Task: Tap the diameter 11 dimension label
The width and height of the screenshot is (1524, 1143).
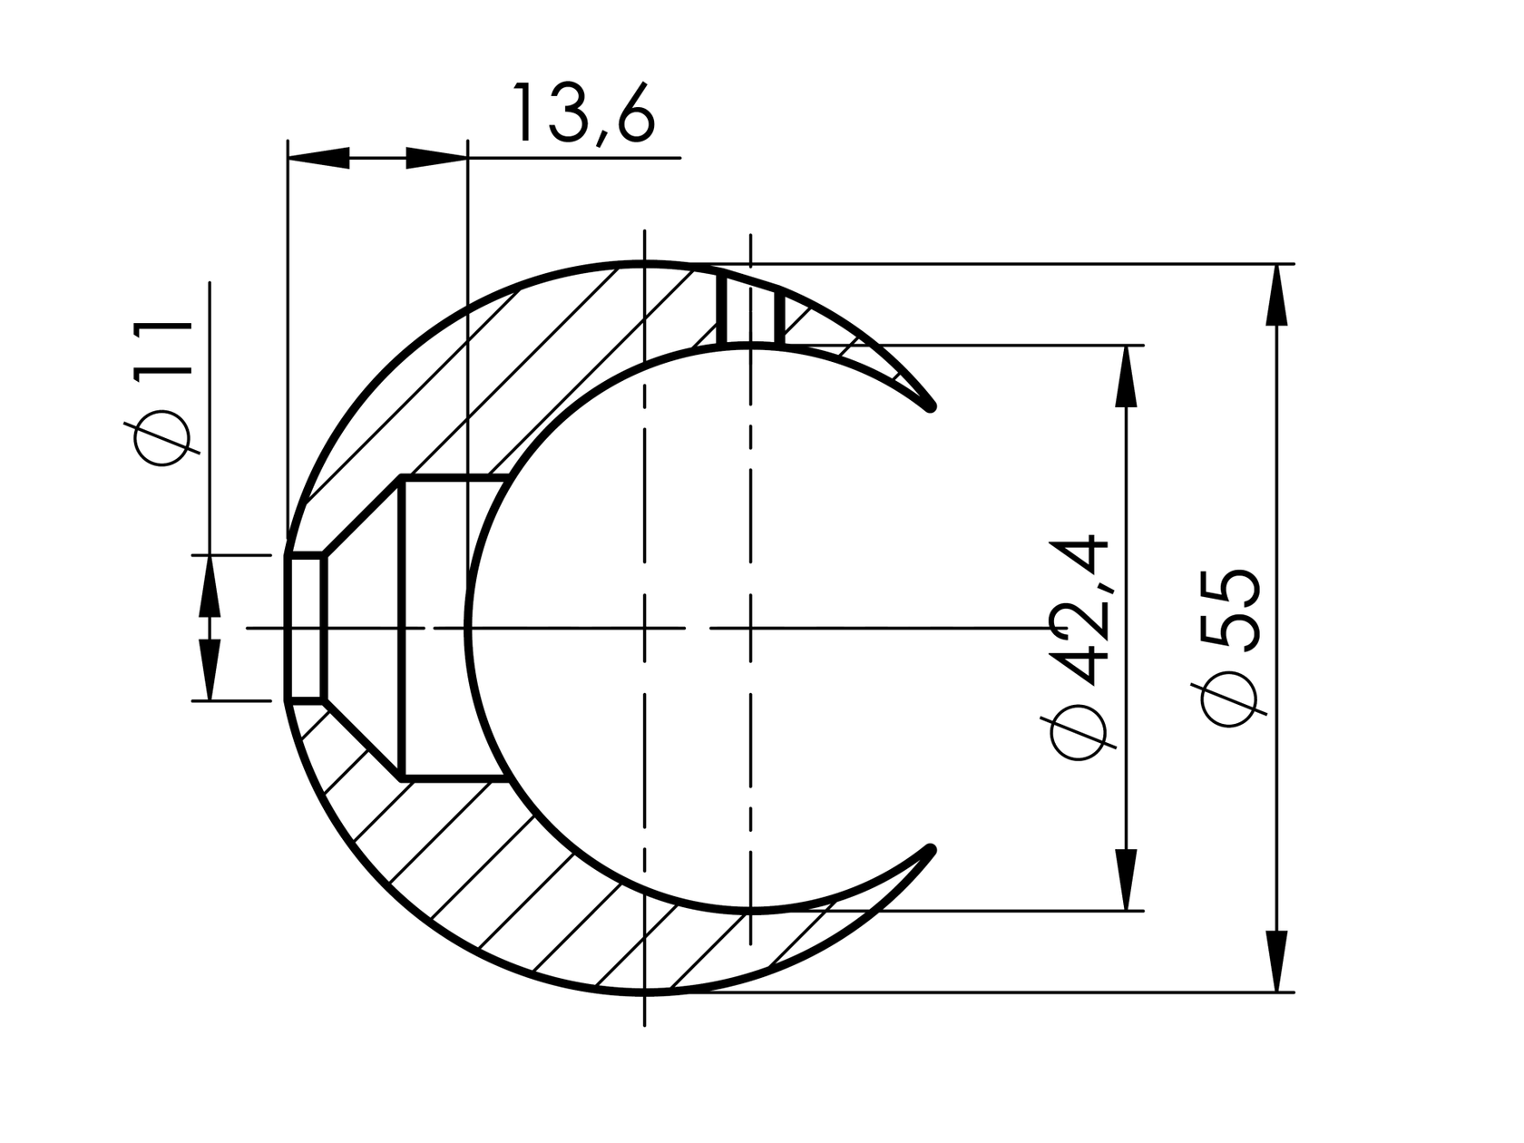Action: (164, 392)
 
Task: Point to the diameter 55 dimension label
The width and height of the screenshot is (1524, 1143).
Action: (1231, 647)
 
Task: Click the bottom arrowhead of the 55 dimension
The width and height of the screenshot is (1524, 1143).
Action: (1276, 962)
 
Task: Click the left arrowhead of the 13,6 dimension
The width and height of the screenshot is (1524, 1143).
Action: (317, 158)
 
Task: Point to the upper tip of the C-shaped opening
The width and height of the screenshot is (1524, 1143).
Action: (930, 406)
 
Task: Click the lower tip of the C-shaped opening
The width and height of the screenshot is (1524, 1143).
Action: (930, 850)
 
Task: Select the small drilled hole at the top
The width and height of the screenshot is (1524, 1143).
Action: (751, 308)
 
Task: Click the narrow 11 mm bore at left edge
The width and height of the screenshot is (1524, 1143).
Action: (307, 627)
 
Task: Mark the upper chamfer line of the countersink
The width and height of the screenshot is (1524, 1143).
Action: (363, 515)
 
